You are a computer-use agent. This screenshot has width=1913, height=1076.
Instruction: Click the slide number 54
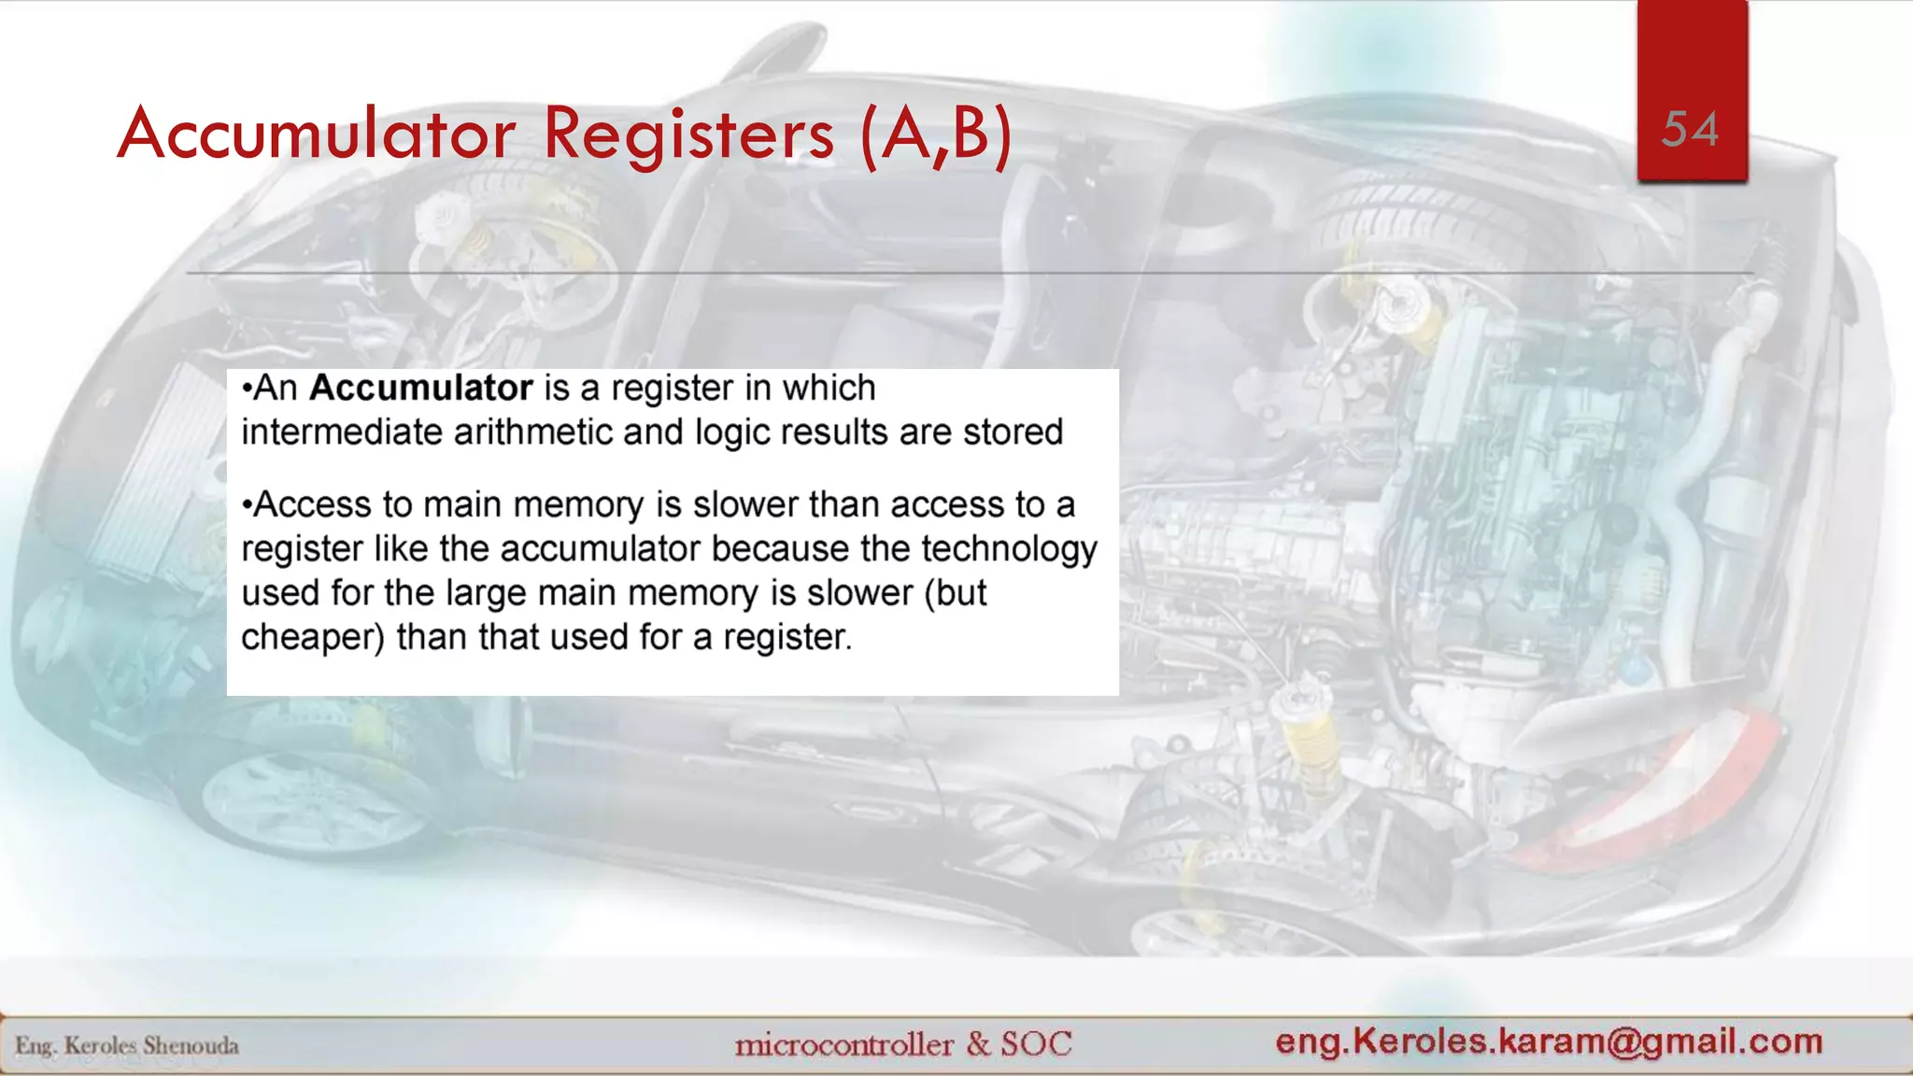tap(1690, 130)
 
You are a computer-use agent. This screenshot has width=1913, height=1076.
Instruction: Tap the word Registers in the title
tap(688, 134)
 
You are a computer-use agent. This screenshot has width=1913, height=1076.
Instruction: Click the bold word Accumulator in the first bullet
tap(420, 388)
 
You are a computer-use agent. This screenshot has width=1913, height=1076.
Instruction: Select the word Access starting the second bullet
tap(311, 504)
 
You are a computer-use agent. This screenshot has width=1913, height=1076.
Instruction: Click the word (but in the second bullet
tap(955, 593)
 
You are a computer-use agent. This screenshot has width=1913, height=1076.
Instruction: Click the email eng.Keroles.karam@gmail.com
tap(1549, 1041)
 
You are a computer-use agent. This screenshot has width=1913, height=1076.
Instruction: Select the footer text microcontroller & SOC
tap(903, 1044)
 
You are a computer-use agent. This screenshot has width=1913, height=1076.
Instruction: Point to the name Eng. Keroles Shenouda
tap(127, 1045)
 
